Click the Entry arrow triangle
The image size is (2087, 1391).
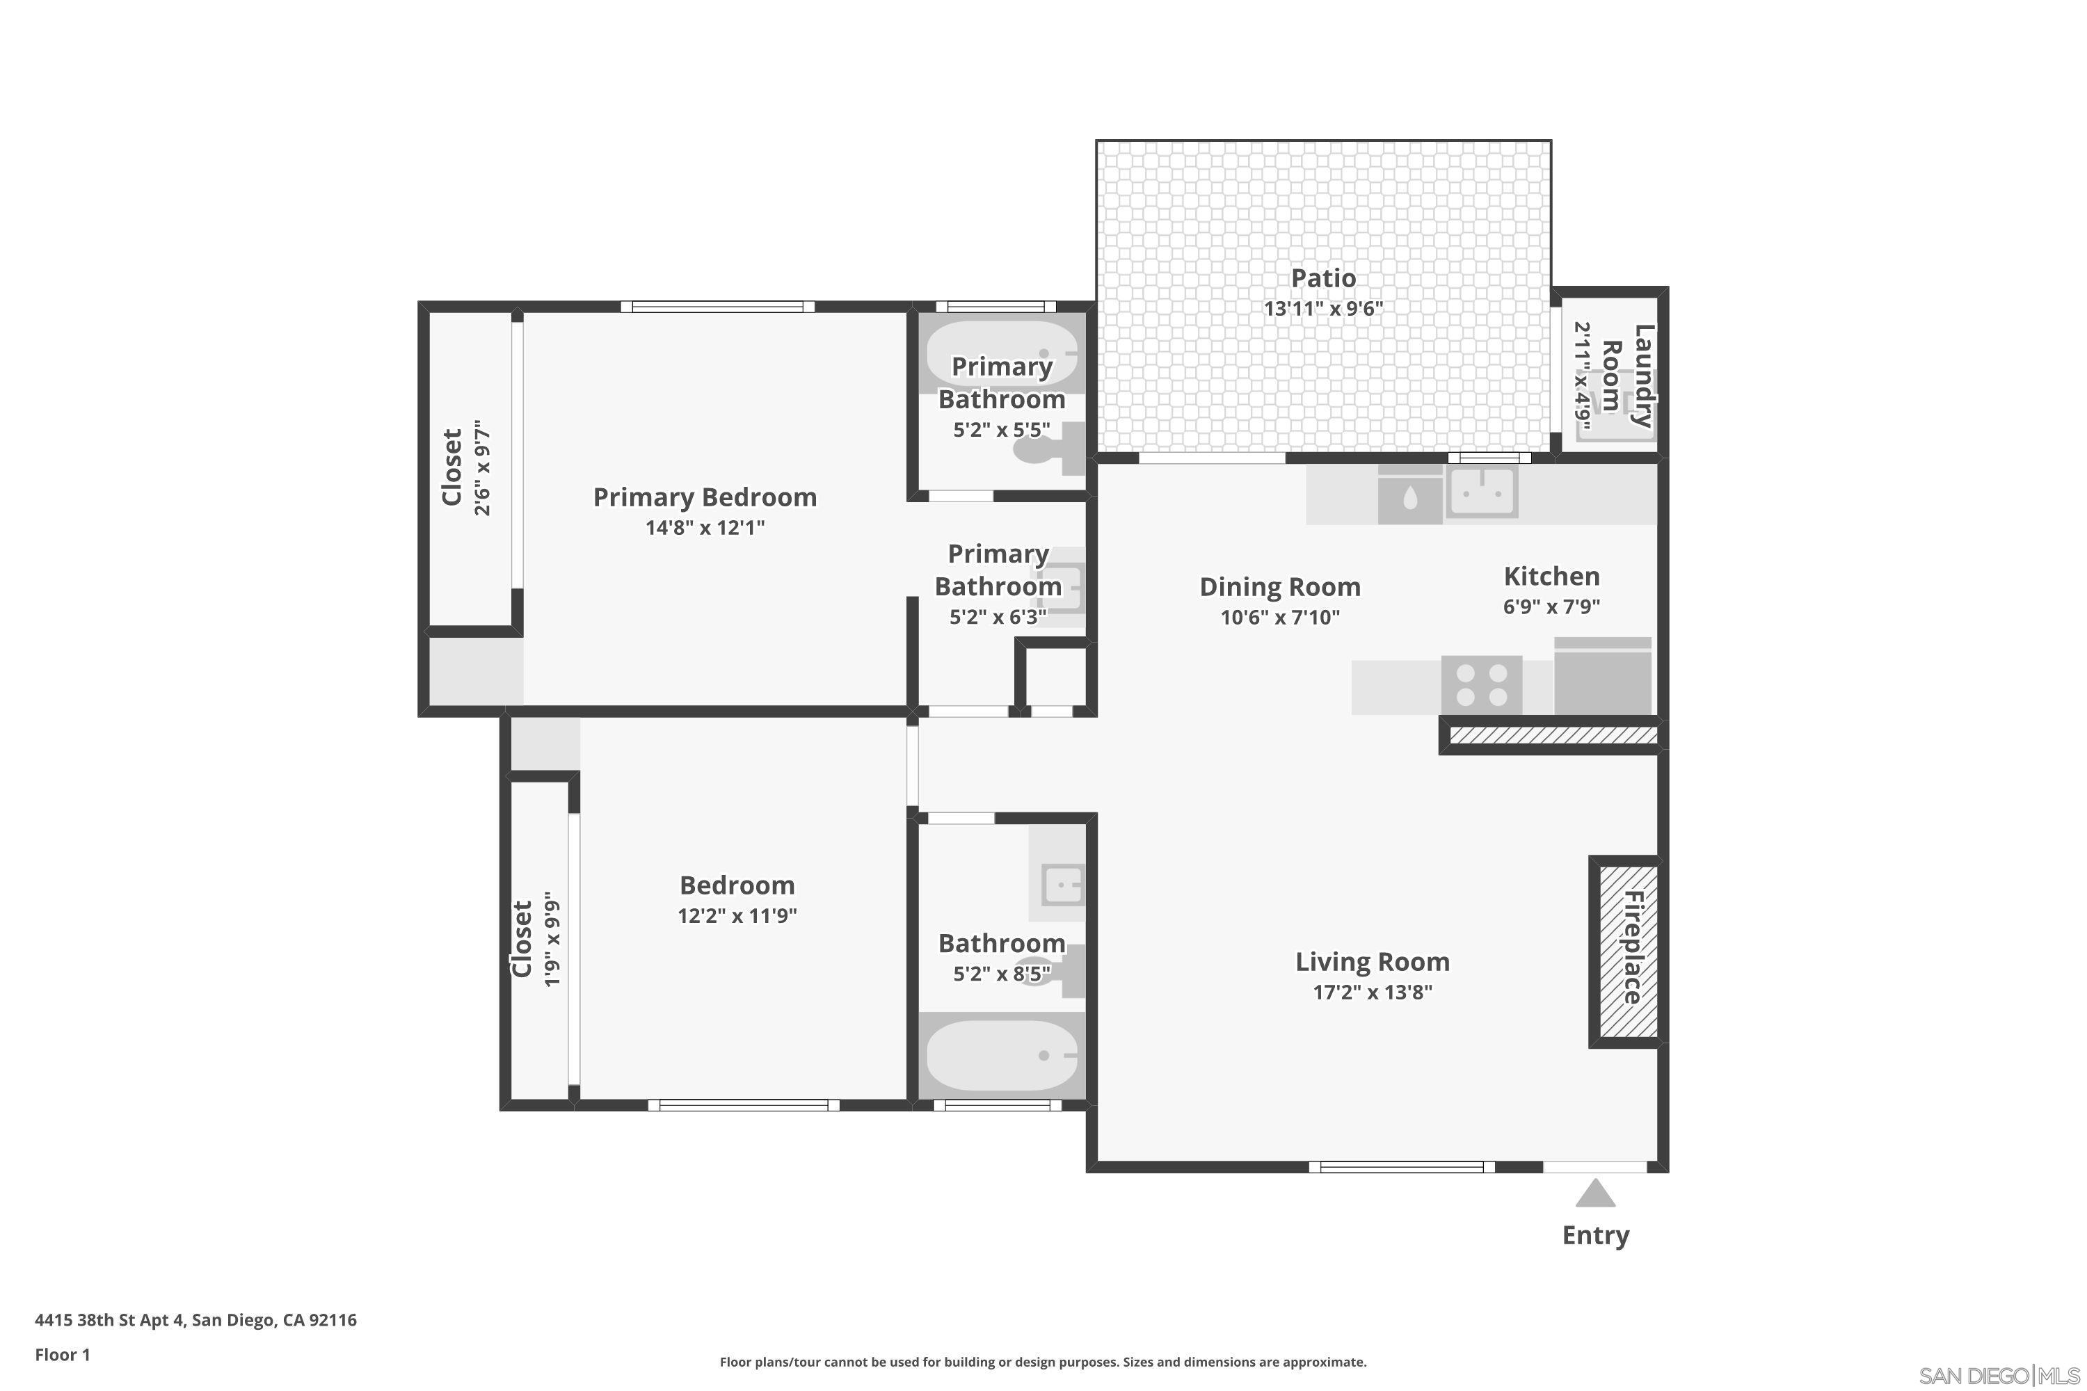click(x=1594, y=1193)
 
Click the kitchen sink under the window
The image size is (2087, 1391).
click(x=1482, y=490)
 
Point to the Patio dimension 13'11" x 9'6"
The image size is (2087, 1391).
click(x=1323, y=309)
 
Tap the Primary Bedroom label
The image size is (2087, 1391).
click(x=705, y=497)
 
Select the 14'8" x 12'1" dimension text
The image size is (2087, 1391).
click(x=705, y=528)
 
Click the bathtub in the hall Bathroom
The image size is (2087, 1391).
click(x=1001, y=1056)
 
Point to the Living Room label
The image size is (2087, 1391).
click(x=1372, y=962)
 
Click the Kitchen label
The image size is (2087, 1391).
click(x=1551, y=577)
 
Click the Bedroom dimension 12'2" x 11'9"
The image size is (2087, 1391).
click(x=737, y=915)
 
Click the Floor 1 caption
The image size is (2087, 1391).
click(x=62, y=1355)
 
